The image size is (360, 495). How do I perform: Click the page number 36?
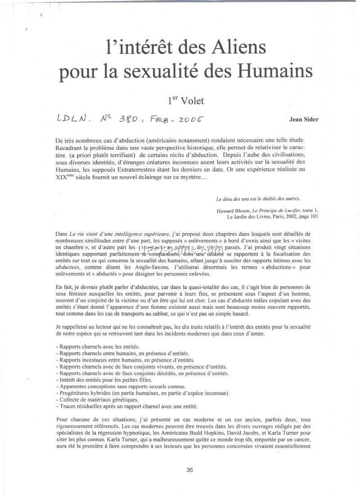[189, 470]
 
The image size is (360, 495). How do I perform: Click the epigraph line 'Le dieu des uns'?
[258, 198]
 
